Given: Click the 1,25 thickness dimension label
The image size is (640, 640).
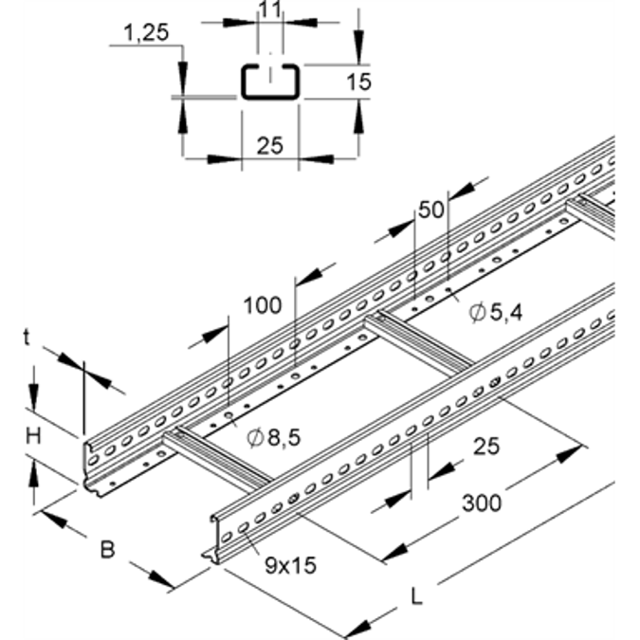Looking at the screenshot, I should (144, 35).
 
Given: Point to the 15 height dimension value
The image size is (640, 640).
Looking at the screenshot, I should (358, 82).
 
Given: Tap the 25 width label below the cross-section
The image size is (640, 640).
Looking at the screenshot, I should (270, 145).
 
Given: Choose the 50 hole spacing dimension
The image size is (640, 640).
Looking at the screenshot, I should (431, 210).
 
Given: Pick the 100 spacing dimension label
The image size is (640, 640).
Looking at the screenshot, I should (262, 304).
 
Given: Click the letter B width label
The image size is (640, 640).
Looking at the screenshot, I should (107, 549).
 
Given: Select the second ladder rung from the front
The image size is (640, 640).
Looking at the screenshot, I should (417, 342).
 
